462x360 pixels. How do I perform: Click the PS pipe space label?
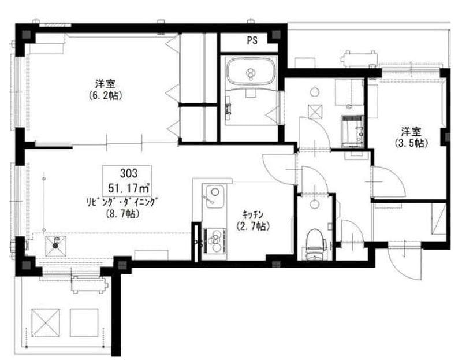[252, 40]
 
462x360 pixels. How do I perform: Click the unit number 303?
[129, 173]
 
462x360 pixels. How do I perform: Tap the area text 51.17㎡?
[128, 188]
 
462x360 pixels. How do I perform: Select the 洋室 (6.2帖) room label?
[105, 90]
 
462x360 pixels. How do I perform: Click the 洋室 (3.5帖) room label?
[411, 137]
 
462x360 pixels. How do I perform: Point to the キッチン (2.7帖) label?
[253, 220]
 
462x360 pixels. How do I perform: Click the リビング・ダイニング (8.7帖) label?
[122, 208]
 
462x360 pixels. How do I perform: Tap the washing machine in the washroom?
[353, 131]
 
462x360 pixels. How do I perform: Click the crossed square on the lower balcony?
[46, 322]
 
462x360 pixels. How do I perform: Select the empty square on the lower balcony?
[84, 322]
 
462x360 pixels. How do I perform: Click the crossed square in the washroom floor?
[315, 112]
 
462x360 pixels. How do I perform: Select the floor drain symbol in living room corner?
[55, 246]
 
